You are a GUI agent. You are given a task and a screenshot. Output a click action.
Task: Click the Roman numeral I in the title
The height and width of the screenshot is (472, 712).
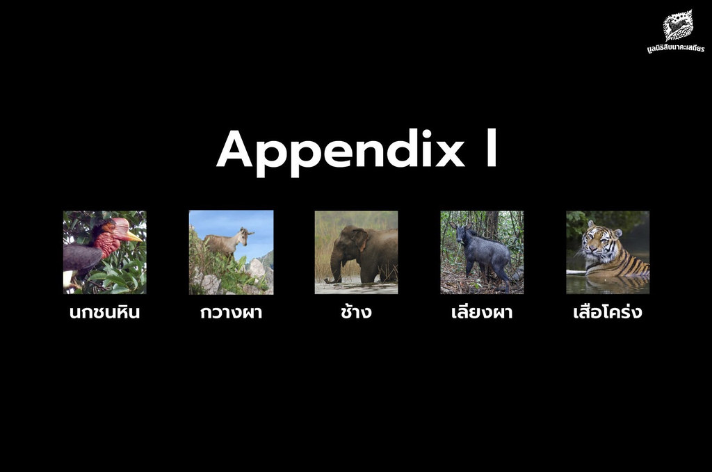click(492, 148)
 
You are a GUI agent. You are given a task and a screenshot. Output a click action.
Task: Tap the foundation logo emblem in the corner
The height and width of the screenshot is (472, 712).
click(678, 26)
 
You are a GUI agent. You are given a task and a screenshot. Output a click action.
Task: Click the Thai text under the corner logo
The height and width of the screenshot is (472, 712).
click(676, 48)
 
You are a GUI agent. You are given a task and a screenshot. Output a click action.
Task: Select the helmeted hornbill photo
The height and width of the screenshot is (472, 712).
click(105, 252)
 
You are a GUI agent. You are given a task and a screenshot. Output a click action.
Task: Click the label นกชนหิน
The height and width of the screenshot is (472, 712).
click(104, 312)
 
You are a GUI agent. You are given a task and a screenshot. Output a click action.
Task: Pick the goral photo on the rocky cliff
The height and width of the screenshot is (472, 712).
click(231, 252)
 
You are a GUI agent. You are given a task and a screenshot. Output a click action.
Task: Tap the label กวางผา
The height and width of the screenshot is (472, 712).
click(231, 312)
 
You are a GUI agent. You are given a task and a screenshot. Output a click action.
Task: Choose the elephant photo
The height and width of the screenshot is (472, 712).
click(357, 252)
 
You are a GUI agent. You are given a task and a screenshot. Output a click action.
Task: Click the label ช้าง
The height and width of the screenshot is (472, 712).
click(357, 311)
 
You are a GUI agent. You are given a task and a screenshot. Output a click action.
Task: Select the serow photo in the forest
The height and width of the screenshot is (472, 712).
click(483, 252)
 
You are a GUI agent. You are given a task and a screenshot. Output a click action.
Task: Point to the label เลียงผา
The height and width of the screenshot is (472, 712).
click(483, 311)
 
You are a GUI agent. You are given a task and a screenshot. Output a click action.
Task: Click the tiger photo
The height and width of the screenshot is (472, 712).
click(608, 252)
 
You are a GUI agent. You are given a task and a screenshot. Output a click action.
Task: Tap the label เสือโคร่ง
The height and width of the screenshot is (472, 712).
click(608, 311)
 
